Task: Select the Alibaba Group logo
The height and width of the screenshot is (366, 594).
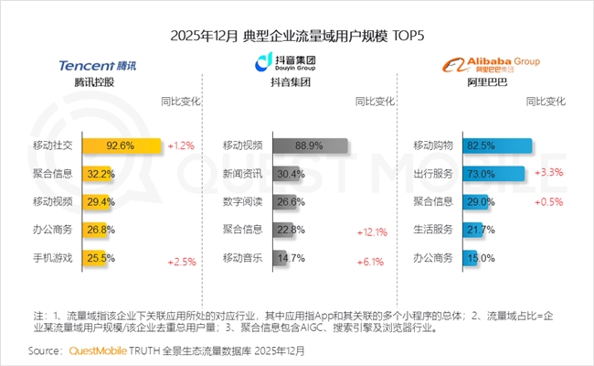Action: pyautogui.click(x=490, y=64)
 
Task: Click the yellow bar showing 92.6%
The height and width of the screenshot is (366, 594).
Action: pyautogui.click(x=122, y=145)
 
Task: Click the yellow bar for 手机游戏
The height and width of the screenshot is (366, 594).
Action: pyautogui.click(x=99, y=258)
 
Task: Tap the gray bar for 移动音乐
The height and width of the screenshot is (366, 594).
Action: pyautogui.click(x=281, y=258)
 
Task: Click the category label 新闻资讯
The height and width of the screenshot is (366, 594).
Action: pyautogui.click(x=241, y=174)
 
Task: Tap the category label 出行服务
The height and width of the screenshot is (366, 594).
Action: pyautogui.click(x=432, y=174)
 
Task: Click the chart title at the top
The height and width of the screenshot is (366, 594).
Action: pyautogui.click(x=298, y=35)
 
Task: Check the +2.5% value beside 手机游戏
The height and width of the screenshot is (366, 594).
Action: pyautogui.click(x=182, y=263)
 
